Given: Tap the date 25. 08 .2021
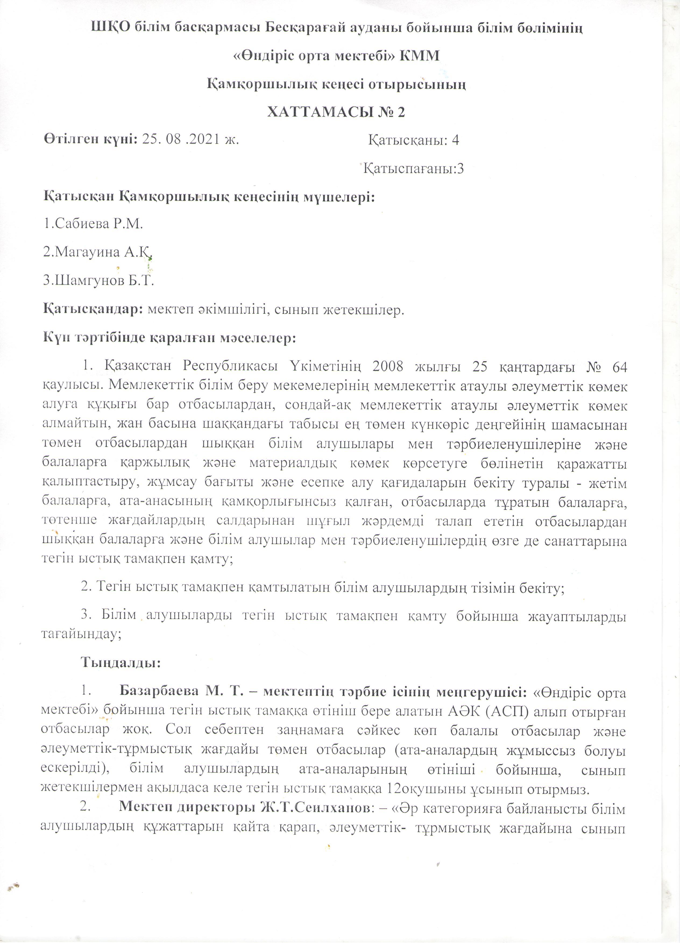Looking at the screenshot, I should coord(181,140).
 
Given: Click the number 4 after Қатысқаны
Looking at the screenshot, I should coord(455,140).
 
